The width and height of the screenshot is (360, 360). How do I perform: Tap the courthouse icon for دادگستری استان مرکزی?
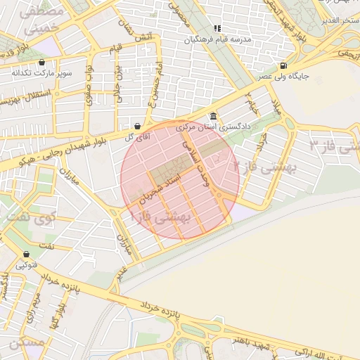coord(213,117)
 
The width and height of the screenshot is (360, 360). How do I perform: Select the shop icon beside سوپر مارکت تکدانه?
coord(41,63)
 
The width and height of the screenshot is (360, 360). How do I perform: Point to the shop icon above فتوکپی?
coord(26,255)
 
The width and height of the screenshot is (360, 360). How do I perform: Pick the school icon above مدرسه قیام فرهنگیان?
coord(217,29)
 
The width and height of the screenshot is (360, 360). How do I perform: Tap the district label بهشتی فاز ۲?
coord(265,167)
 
